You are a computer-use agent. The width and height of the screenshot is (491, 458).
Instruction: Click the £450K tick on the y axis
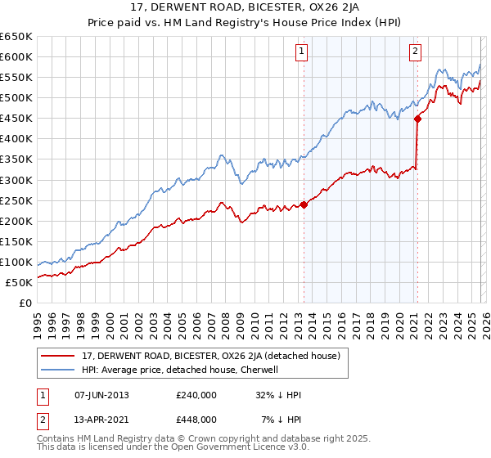click(x=16, y=118)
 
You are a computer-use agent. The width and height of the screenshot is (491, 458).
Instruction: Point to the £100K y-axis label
click(x=16, y=262)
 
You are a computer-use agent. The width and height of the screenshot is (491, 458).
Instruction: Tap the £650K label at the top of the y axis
click(x=16, y=37)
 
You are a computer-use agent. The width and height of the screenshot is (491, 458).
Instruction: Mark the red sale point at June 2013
click(x=304, y=204)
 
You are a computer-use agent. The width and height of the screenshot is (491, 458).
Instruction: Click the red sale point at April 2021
click(x=417, y=119)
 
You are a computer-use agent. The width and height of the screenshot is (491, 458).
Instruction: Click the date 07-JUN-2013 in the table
click(x=101, y=395)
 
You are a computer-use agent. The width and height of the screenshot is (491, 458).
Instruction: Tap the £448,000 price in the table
click(x=196, y=419)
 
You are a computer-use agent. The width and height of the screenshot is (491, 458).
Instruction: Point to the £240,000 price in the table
click(x=196, y=395)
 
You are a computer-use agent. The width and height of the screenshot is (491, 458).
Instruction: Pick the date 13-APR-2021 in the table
click(x=101, y=419)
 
